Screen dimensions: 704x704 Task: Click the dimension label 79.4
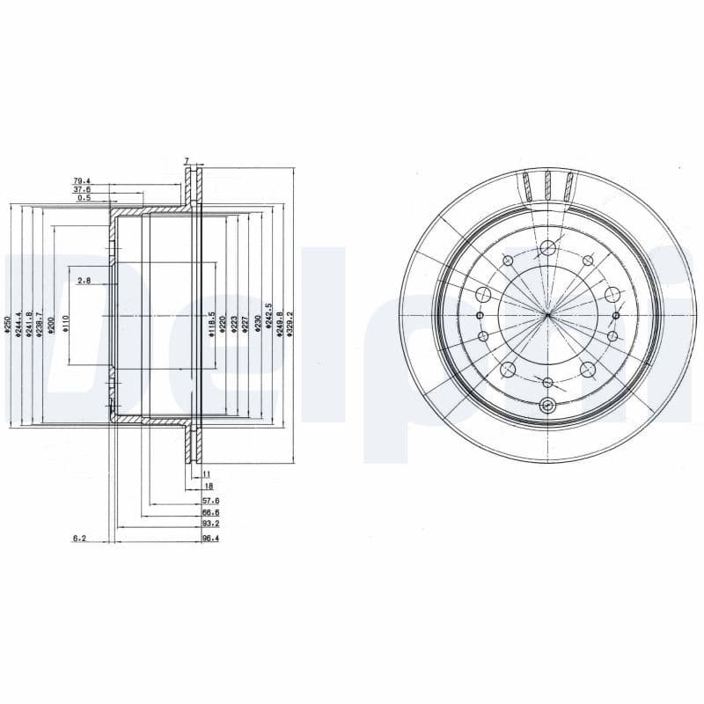pyautogui.click(x=82, y=181)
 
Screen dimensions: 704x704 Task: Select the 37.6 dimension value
pyautogui.click(x=82, y=189)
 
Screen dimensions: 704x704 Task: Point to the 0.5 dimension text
pyautogui.click(x=84, y=198)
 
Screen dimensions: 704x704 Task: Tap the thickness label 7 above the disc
pyautogui.click(x=187, y=161)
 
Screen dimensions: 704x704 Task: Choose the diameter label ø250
pyautogui.click(x=7, y=326)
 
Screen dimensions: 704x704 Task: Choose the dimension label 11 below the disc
pyautogui.click(x=207, y=473)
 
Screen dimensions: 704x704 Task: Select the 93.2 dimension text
pyautogui.click(x=209, y=525)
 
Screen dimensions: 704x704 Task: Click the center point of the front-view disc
pyautogui.click(x=547, y=315)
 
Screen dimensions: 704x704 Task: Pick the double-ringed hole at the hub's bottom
pyautogui.click(x=547, y=406)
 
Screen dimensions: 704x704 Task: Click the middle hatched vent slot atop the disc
pyautogui.click(x=547, y=187)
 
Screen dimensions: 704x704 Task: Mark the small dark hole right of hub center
pyautogui.click(x=615, y=315)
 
